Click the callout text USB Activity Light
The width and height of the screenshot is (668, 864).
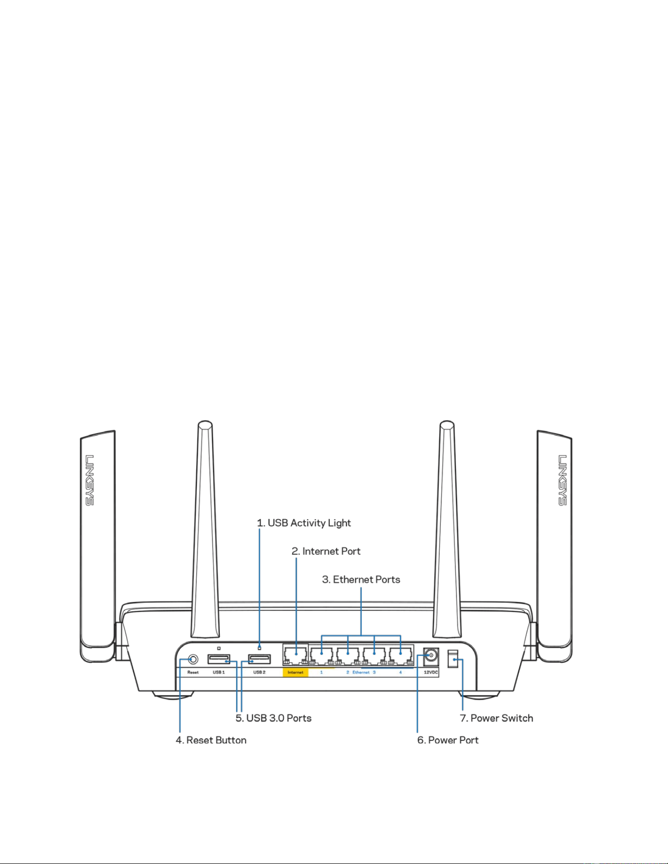pos(304,523)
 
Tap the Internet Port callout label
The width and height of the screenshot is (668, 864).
pos(326,551)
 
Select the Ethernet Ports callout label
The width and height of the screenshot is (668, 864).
pos(361,579)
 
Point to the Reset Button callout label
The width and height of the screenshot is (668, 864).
pos(211,740)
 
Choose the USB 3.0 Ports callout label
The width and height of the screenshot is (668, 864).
pos(273,718)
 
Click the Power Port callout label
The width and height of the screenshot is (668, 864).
pos(448,740)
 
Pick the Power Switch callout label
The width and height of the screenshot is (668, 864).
pos(496,718)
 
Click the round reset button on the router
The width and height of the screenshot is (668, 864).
pos(193,659)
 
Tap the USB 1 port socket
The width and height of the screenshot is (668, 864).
pos(219,659)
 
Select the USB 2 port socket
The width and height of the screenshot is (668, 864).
pos(259,659)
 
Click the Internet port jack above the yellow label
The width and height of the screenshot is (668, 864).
pos(295,655)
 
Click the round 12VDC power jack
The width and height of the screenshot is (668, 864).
pos(431,655)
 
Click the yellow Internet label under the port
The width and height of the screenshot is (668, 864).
pos(295,672)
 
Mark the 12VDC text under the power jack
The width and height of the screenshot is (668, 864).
pos(431,672)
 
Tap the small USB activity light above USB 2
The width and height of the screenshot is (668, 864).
pos(259,649)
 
